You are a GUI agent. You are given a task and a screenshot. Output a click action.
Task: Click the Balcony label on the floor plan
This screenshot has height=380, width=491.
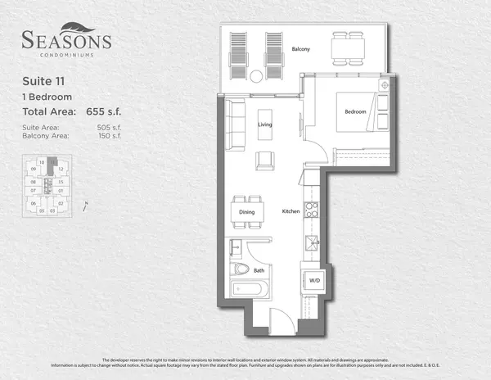click(x=300, y=49)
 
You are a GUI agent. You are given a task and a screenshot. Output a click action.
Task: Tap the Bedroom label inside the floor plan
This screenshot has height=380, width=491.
click(x=354, y=111)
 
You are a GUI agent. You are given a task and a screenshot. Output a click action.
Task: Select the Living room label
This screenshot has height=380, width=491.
click(x=264, y=124)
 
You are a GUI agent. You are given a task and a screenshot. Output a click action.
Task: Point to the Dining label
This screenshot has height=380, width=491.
click(x=246, y=212)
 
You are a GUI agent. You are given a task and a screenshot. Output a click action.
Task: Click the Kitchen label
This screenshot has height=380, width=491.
click(x=291, y=212)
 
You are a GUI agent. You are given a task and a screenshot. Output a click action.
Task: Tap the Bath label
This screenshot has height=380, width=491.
click(x=259, y=269)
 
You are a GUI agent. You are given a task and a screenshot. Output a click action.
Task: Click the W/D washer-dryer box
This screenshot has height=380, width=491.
click(x=313, y=281)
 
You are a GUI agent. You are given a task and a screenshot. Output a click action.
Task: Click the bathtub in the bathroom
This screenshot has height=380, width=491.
click(x=246, y=289)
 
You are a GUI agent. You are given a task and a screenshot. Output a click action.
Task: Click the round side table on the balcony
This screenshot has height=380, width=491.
click(x=256, y=76)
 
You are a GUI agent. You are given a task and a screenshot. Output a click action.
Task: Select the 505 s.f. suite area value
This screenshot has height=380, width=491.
click(x=103, y=126)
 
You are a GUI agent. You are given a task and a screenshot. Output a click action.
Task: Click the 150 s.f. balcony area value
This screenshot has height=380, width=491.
click(x=103, y=135)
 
